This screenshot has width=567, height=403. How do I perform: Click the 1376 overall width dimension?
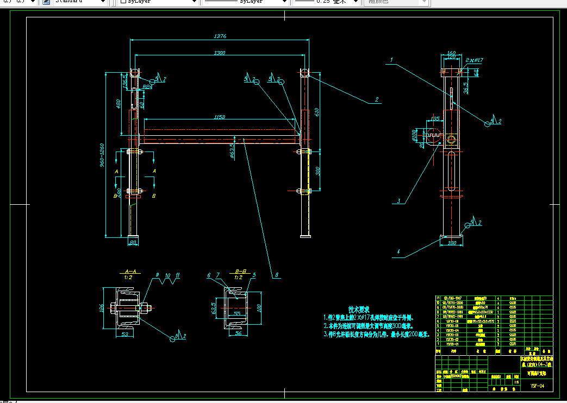coord(220,36)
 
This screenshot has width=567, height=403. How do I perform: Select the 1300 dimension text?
coord(220,53)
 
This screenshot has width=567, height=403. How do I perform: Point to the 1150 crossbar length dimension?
coord(219,117)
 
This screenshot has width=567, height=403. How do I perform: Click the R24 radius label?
coord(147,87)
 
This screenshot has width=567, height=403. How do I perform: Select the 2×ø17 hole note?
coord(475,60)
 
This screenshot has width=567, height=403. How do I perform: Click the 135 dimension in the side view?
coord(435,118)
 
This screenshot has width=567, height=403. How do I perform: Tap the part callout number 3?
coord(398,201)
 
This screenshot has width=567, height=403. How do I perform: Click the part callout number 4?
coord(398,252)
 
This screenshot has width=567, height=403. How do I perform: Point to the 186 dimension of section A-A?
coord(101,308)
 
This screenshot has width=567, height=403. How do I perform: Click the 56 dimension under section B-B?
coord(238,334)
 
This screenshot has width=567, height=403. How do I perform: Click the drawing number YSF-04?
coord(537,386)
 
